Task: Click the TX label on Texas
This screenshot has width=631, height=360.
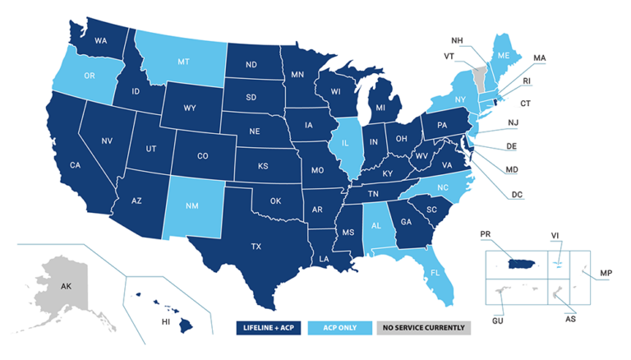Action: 256,246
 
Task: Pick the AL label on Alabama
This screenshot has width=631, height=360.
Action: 377,224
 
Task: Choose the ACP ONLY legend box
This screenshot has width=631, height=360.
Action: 341,327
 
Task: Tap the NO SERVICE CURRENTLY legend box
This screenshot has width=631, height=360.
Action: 424,327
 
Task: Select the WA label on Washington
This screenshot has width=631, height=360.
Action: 102,40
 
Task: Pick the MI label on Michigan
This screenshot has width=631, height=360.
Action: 380,108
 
